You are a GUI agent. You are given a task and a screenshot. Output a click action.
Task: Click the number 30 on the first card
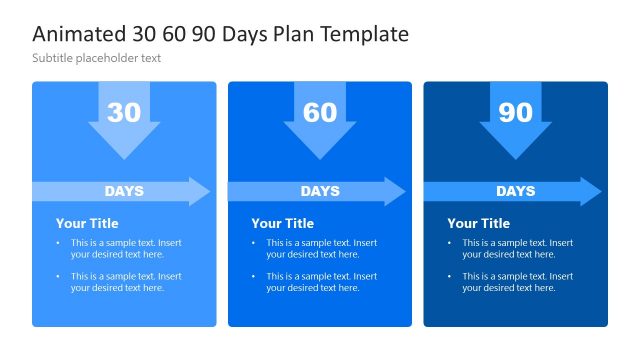tap(124, 113)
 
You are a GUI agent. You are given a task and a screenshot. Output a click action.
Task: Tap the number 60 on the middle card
tap(320, 113)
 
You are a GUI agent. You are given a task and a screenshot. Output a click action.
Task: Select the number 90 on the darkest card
tap(515, 113)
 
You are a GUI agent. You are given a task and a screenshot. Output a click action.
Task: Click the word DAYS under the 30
tap(124, 191)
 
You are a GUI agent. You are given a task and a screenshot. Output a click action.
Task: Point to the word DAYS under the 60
tap(320, 191)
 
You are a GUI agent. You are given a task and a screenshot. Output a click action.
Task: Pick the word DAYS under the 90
tap(515, 191)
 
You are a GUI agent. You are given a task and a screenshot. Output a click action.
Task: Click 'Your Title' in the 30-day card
tap(87, 223)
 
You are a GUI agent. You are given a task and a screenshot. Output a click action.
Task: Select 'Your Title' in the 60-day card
tap(282, 223)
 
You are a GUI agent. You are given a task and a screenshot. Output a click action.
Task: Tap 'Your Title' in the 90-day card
tap(478, 223)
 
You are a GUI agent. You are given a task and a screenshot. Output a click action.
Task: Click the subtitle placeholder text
tap(97, 58)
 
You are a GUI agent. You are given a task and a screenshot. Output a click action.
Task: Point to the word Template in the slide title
tap(364, 34)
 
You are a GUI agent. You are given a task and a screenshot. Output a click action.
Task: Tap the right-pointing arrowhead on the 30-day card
tap(200, 191)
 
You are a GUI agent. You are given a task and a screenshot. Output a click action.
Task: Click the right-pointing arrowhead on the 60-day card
tap(395, 191)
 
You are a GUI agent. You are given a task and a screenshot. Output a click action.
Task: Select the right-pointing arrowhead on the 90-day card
tap(591, 191)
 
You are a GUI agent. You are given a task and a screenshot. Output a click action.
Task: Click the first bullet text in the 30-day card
tap(126, 248)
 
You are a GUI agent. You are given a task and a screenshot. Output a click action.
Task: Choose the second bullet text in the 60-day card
tap(321, 282)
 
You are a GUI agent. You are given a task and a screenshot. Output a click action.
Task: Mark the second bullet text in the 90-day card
tap(517, 282)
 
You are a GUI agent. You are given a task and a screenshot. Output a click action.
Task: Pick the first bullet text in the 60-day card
tap(321, 248)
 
